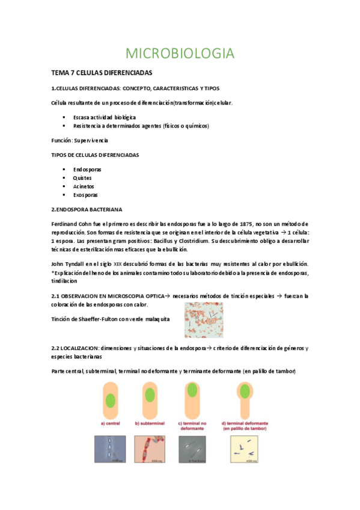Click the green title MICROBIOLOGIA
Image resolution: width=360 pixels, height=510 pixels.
180,54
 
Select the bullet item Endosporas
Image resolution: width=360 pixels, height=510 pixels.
87,170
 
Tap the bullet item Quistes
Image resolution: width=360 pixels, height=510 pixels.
83,178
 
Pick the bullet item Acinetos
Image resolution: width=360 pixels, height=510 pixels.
84,186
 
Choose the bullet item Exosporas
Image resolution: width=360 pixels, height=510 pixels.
85,195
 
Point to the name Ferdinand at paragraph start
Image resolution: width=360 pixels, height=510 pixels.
64,224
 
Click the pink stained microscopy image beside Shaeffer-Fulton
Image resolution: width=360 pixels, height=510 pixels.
204,318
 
